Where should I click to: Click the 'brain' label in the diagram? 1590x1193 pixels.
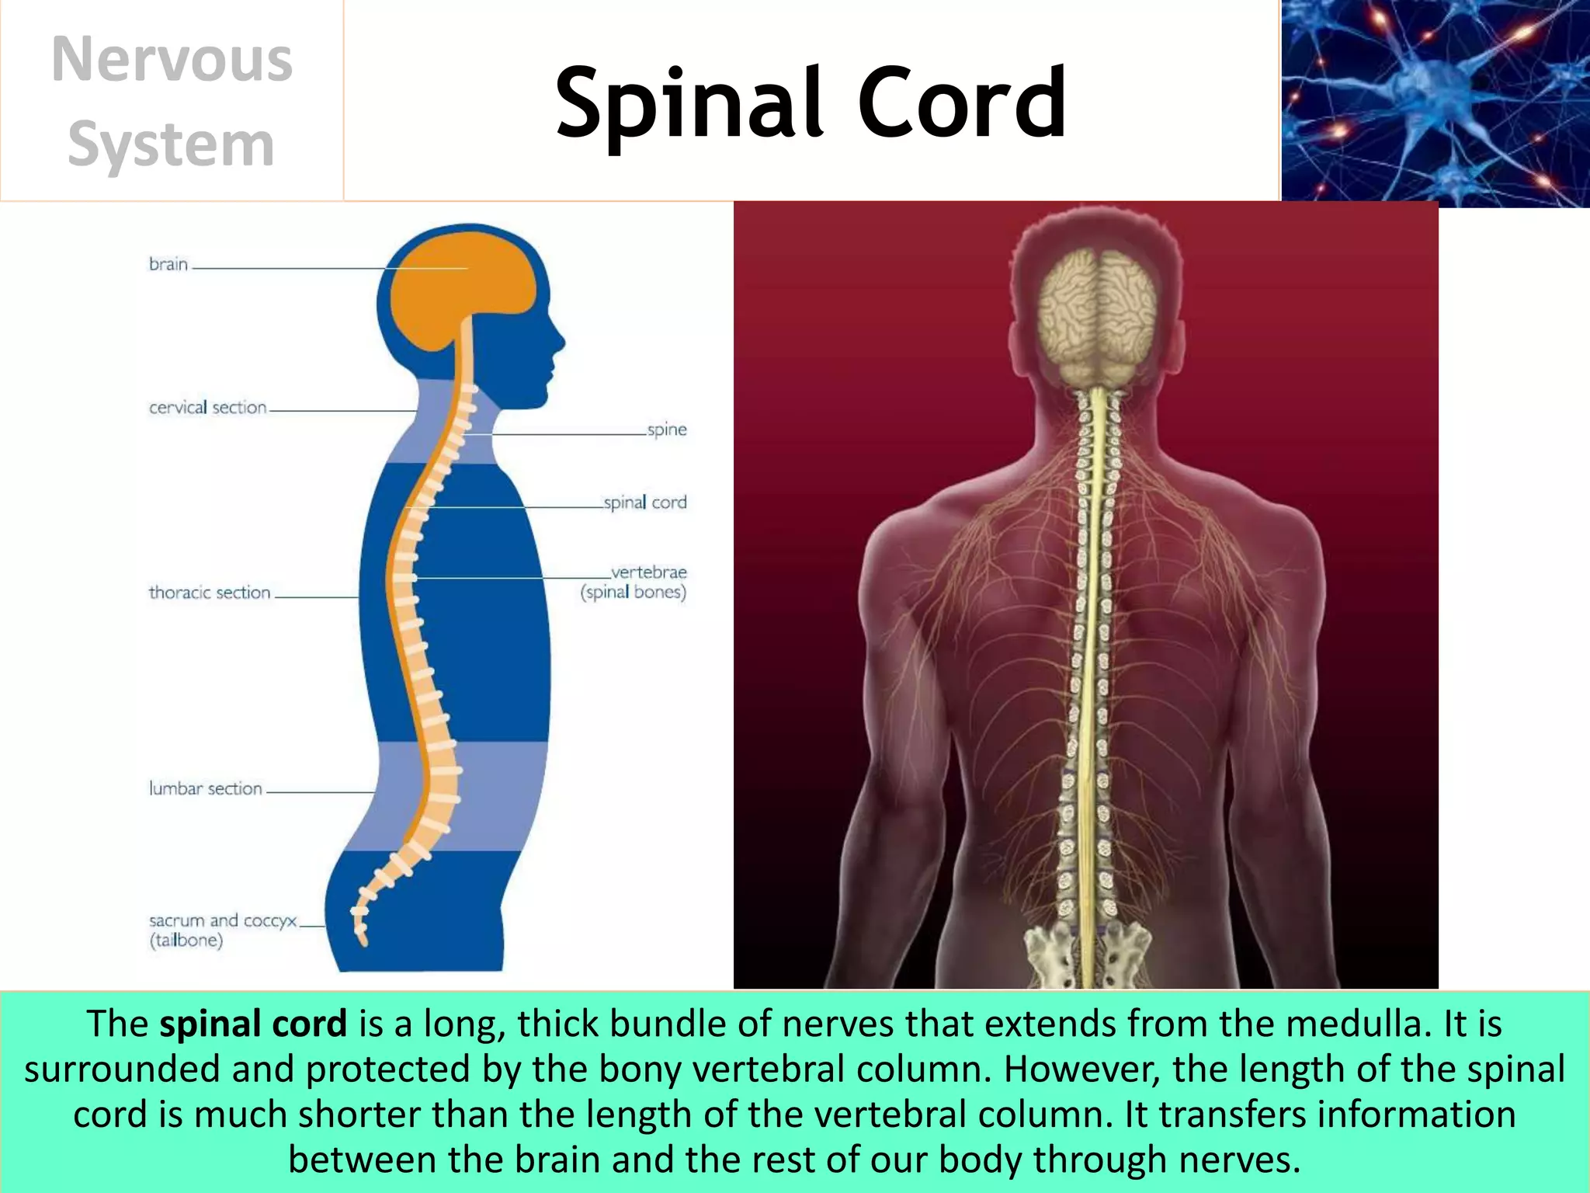pyautogui.click(x=168, y=265)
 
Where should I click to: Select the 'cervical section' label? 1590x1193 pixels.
pyautogui.click(x=207, y=408)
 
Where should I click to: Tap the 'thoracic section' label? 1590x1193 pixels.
pyautogui.click(x=210, y=593)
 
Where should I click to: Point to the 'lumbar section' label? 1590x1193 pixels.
pyautogui.click(x=206, y=788)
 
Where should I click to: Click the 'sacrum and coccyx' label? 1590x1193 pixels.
pyautogui.click(x=223, y=921)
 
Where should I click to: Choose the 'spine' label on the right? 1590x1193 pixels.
pyautogui.click(x=667, y=430)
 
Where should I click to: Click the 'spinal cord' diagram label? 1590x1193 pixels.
pyautogui.click(x=645, y=503)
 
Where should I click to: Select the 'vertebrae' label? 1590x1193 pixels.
pyautogui.click(x=648, y=573)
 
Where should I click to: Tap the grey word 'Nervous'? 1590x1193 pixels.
pyautogui.click(x=172, y=60)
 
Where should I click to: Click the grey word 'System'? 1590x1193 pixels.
pyautogui.click(x=172, y=144)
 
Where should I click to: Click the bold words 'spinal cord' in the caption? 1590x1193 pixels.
pyautogui.click(x=253, y=1024)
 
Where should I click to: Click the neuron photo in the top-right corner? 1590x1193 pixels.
pyautogui.click(x=1435, y=103)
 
